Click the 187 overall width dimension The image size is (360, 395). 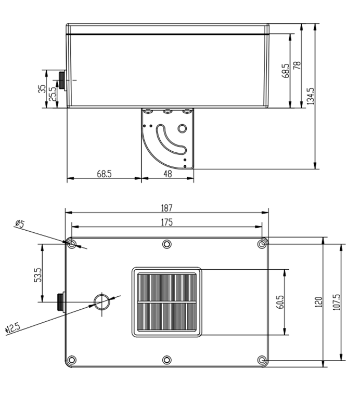(x=166, y=208)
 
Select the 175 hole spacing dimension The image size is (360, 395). (x=166, y=222)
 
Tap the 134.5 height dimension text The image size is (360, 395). (x=311, y=96)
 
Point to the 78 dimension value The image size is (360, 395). (x=297, y=65)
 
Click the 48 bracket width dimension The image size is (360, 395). (x=168, y=174)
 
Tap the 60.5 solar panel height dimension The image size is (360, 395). (x=280, y=302)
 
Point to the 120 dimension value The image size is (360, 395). (x=318, y=302)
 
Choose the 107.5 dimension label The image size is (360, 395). (x=336, y=302)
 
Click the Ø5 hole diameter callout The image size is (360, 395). (x=20, y=224)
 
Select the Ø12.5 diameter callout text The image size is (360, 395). (x=12, y=327)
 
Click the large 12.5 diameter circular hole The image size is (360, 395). (x=101, y=301)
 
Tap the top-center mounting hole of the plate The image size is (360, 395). (x=166, y=244)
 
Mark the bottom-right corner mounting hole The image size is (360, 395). (x=262, y=360)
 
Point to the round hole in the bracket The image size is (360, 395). (x=182, y=128)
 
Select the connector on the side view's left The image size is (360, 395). (x=62, y=81)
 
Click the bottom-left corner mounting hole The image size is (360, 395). (x=72, y=360)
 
